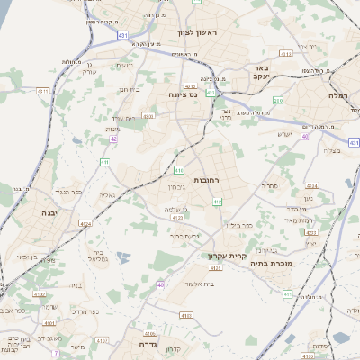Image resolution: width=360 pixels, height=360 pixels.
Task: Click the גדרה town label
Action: (x=148, y=344)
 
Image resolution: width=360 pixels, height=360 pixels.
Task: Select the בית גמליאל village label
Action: (x=97, y=254)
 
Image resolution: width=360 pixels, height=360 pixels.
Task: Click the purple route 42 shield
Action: (x=113, y=139)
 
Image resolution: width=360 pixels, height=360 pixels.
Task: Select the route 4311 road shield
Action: (x=285, y=54)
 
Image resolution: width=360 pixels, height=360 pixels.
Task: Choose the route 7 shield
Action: (x=55, y=352)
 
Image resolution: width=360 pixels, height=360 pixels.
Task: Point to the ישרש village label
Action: (x=284, y=135)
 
